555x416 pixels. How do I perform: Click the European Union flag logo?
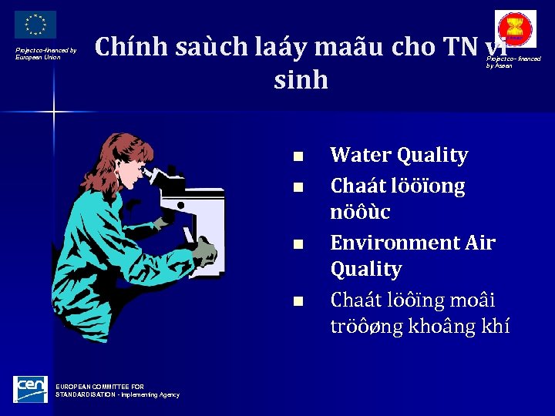pyautogui.click(x=35, y=25)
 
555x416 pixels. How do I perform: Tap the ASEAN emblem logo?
pyautogui.click(x=515, y=29)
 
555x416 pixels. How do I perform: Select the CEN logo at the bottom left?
pyautogui.click(x=30, y=389)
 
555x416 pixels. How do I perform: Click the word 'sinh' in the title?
pyautogui.click(x=301, y=79)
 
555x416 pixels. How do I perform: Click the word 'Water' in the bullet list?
pyautogui.click(x=360, y=155)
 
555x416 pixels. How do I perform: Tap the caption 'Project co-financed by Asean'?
pyautogui.click(x=513, y=62)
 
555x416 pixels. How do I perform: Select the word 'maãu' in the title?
pyautogui.click(x=351, y=48)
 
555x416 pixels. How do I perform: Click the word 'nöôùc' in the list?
pyautogui.click(x=360, y=212)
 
